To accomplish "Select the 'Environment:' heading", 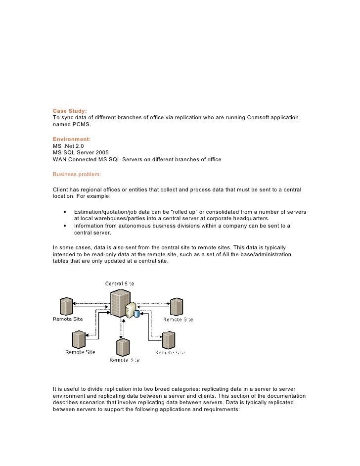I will click(72, 140).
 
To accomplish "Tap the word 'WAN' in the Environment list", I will click(60, 160).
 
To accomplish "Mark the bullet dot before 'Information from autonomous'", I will click(65, 226).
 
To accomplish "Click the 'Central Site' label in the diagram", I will click(119, 283).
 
